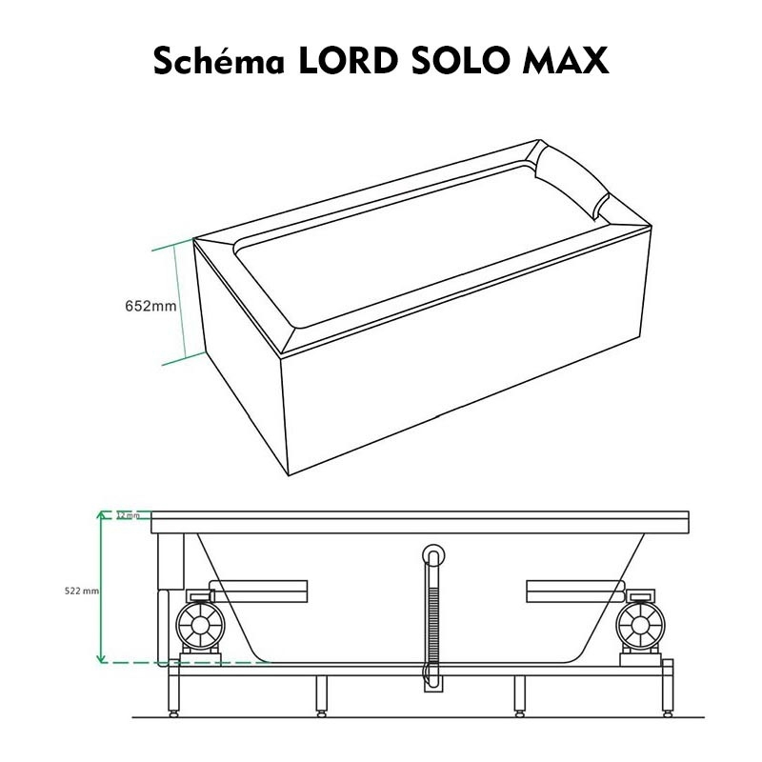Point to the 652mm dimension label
point(151,307)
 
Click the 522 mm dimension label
point(81,592)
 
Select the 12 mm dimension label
point(127,515)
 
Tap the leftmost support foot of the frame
point(173,709)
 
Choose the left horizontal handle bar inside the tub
point(271,591)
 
